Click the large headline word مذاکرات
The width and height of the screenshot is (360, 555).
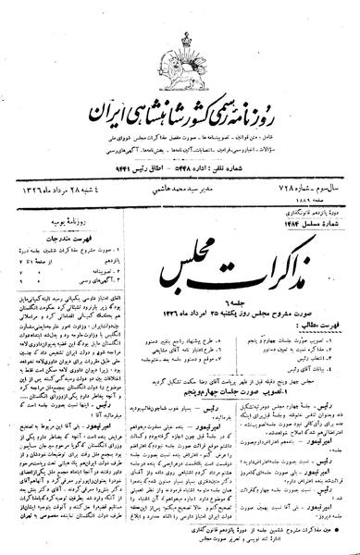coord(268,202)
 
